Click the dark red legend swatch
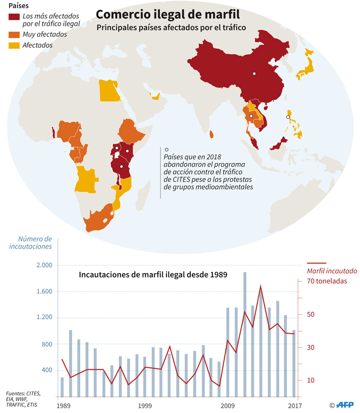pos(14,16)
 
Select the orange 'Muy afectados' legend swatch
pos(14,34)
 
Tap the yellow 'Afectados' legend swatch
pos(14,45)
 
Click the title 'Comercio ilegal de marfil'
pos(168,14)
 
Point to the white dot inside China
pos(254,74)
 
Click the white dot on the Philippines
pos(288,117)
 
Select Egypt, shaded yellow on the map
pos(109,91)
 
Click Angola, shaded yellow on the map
pos(86,179)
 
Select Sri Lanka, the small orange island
pos(211,134)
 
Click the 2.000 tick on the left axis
pos(44,265)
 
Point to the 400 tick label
pos(47,370)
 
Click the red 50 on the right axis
pos(311,314)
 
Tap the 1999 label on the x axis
pos(145,406)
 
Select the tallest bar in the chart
pos(245,334)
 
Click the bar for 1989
pos(62,387)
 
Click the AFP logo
pos(345,405)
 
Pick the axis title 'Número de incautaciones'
pos(30,243)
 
